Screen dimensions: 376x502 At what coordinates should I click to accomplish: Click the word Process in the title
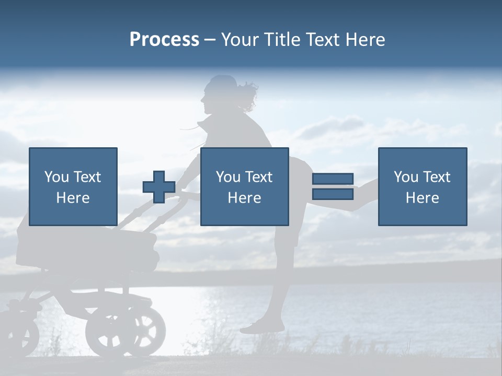click(164, 40)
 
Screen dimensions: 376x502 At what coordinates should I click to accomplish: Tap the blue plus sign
click(159, 187)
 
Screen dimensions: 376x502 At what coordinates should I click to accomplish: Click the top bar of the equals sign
click(333, 179)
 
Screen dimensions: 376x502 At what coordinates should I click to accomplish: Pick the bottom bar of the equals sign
click(333, 194)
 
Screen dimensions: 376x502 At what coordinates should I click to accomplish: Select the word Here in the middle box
click(244, 198)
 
